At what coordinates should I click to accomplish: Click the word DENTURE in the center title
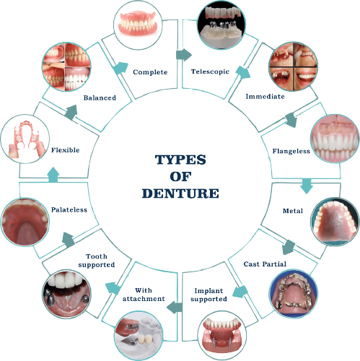click(180, 193)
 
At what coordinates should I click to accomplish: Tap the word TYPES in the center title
click(180, 160)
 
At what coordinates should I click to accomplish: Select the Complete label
click(150, 72)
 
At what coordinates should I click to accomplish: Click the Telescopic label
click(210, 71)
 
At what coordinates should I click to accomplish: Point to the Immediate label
click(265, 96)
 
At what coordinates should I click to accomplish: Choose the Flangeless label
click(291, 151)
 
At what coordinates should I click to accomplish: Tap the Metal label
click(293, 211)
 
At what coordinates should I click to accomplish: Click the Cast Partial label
click(265, 264)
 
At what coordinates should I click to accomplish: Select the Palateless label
click(69, 209)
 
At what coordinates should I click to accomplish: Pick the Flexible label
click(65, 150)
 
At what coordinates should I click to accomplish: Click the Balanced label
click(100, 97)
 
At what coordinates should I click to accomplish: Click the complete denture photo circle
click(138, 25)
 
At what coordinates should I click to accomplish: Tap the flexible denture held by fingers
click(25, 139)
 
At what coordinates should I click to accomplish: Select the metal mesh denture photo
click(335, 222)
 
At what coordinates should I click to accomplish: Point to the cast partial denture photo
click(294, 294)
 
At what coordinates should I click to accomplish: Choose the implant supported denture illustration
click(222, 335)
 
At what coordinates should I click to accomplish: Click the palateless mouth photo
click(25, 222)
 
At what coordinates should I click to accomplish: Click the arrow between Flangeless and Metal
click(307, 186)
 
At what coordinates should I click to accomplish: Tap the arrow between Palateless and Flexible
click(53, 175)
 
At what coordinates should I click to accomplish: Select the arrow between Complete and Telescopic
click(184, 55)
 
